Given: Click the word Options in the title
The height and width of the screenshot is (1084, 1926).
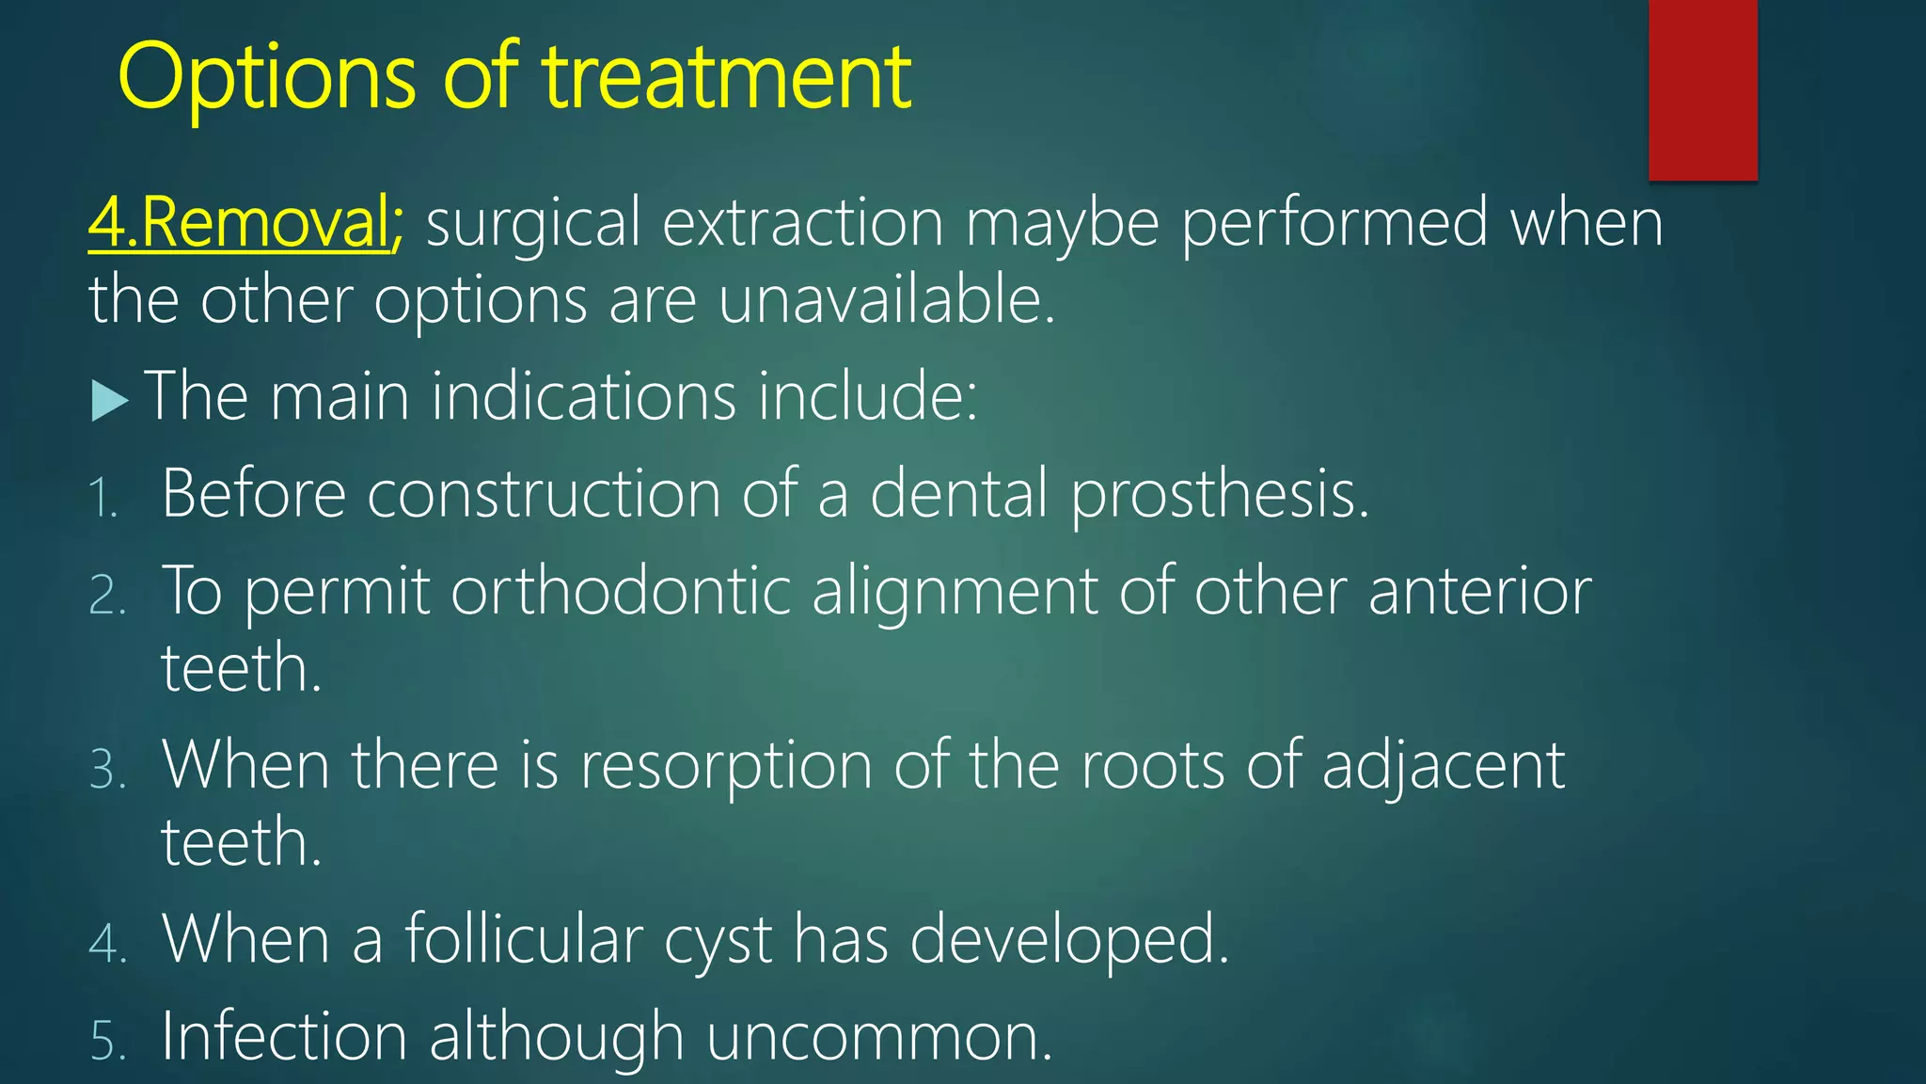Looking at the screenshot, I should coord(266,77).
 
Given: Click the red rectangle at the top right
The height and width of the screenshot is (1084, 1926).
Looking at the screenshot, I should coord(1702,89).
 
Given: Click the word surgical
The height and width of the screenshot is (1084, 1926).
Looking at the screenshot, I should coord(532,224).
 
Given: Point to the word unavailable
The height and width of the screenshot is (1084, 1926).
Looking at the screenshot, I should coord(886,300).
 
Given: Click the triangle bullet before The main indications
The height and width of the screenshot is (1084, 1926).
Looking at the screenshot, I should coord(110,401).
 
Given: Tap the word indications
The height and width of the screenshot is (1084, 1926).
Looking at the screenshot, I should coord(583,395).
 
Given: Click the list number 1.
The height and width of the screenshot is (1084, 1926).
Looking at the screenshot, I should coord(103,498).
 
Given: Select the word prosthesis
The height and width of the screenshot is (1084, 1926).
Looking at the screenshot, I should coord(1220,494).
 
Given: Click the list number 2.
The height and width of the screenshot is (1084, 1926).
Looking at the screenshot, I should coord(107,596).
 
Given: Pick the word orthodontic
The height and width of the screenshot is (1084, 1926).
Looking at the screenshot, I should coord(621,592).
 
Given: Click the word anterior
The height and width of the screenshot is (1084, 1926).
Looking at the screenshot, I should coord(1479,592).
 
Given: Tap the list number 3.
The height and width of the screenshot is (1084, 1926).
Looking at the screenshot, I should coord(107,770).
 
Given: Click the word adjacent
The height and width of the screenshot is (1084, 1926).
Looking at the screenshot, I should coord(1443,766).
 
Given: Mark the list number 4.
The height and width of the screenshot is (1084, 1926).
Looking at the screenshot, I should coord(107,943).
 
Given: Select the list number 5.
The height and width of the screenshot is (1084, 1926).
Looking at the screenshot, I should coord(107,1041).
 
